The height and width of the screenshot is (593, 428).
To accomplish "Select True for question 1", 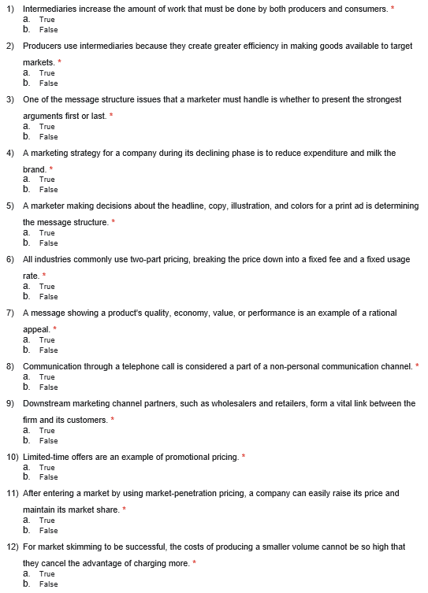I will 47,20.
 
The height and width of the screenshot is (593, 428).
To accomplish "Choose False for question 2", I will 48,83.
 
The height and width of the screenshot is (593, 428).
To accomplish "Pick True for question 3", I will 47,126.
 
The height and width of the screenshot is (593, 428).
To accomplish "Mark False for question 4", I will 48,189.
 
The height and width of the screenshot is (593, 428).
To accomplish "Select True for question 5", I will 47,233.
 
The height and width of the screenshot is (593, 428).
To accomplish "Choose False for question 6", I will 48,296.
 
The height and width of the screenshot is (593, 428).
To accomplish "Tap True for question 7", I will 47,339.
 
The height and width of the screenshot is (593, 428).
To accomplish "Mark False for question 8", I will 48,387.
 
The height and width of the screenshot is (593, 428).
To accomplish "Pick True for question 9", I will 47,431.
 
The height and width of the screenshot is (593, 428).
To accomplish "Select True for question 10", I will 47,467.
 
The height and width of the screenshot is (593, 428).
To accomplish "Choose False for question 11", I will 48,530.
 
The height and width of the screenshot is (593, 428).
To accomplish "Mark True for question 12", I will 47,573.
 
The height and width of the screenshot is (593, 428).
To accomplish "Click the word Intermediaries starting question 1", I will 50,8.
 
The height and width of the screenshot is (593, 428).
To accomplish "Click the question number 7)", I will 11,313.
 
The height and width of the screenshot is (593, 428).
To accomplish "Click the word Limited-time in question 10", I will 47,457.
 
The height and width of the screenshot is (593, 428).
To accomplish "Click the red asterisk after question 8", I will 417,365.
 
